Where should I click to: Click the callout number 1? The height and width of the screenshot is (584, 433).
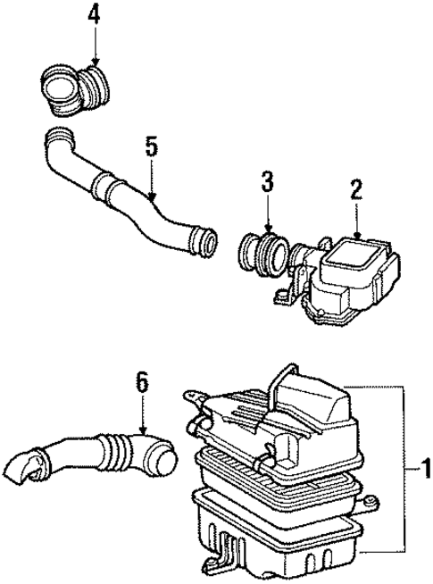423,466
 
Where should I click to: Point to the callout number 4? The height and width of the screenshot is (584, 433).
95,15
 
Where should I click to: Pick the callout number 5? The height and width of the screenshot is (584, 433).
151,146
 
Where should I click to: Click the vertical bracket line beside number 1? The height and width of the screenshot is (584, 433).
409,467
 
